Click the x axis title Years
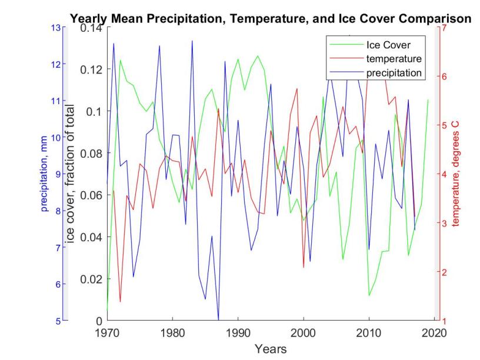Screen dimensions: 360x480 271,349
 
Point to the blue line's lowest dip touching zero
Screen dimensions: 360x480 218,319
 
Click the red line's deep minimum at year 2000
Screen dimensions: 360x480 304,268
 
